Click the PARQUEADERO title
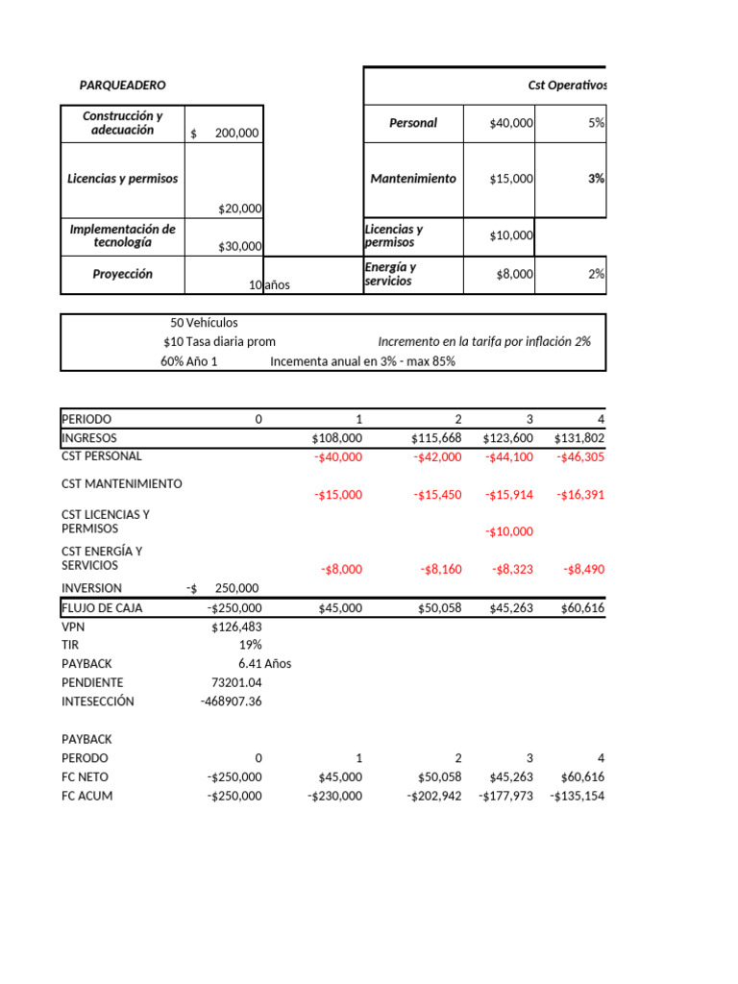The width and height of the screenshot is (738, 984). (122, 86)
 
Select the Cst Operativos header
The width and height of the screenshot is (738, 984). (567, 86)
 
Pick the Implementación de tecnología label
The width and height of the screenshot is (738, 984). (122, 235)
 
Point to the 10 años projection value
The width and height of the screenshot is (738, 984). (269, 285)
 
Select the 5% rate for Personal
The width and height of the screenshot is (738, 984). (596, 123)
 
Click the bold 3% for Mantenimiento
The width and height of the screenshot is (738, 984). (596, 179)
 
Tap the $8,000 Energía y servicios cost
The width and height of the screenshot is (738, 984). (514, 274)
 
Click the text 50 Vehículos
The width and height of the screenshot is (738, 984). (204, 323)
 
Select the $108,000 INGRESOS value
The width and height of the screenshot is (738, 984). (337, 438)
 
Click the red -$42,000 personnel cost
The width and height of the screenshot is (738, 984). (437, 457)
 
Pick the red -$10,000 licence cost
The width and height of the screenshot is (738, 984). (508, 531)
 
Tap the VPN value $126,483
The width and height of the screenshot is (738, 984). (236, 627)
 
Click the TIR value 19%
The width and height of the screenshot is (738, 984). (249, 645)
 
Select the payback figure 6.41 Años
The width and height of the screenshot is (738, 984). (264, 664)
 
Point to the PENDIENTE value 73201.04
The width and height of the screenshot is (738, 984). (235, 682)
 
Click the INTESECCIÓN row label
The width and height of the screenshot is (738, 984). (98, 701)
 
